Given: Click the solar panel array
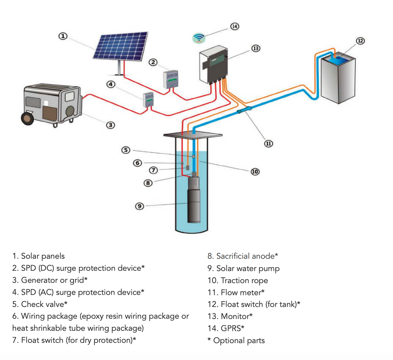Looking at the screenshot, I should [120, 46].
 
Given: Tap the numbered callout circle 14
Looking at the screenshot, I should [235, 27].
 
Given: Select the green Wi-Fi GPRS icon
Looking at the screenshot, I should [199, 38].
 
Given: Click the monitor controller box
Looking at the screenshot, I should [214, 65].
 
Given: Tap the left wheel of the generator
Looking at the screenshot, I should [28, 118].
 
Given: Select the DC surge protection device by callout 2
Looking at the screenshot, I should [171, 79].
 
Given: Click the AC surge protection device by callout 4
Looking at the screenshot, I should [148, 99].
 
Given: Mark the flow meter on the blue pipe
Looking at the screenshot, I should [244, 110].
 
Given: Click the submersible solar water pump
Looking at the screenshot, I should [194, 201].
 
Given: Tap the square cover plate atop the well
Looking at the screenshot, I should [193, 135].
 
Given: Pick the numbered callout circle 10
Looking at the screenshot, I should [255, 171].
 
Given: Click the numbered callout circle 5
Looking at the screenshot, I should [126, 150].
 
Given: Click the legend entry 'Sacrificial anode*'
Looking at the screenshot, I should [242, 256].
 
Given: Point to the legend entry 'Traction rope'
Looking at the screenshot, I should [238, 280].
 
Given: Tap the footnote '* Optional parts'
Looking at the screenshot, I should [236, 341].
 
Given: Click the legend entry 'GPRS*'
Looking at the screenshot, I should [226, 328].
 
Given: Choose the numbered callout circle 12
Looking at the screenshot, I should [360, 41].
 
